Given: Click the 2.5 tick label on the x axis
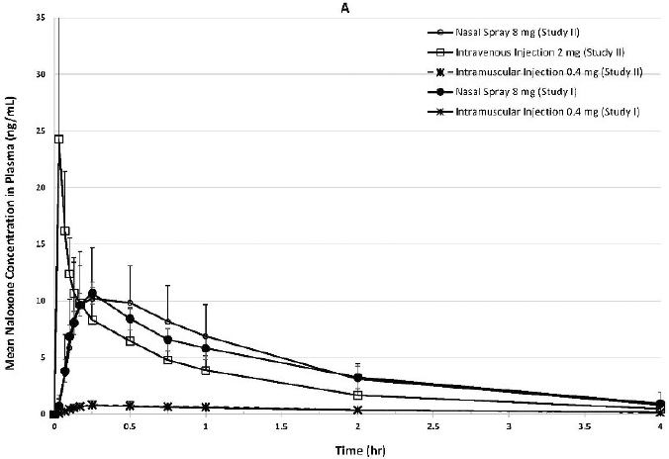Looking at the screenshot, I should click(432, 427).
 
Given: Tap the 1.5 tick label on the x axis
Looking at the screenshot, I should click(281, 427).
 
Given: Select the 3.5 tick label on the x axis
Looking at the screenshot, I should click(584, 427).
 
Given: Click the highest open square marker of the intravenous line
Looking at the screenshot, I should click(58, 139).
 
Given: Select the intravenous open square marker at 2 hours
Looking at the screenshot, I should click(357, 395).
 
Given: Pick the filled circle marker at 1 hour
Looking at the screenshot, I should click(206, 348).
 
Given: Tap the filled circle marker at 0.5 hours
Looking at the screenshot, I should click(130, 319).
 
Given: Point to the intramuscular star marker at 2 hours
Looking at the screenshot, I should click(357, 410).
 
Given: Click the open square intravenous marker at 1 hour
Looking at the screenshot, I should click(206, 370).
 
